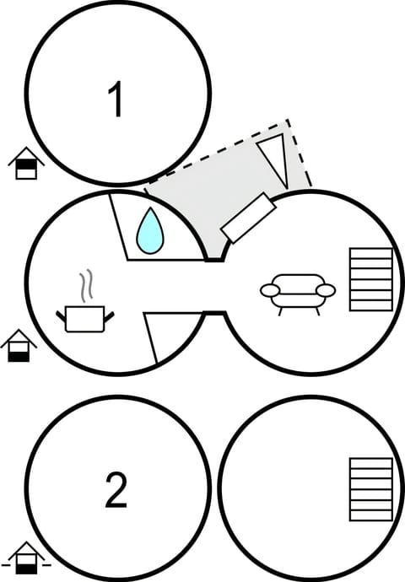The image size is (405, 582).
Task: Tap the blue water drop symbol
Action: tap(151, 230)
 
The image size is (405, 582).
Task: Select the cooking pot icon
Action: tap(84, 319)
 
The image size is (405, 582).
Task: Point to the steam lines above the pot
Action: tap(85, 287)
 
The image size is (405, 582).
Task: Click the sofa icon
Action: tap(298, 291)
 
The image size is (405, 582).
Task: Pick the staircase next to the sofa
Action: tap(371, 279)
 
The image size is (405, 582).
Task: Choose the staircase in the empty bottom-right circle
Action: tap(371, 489)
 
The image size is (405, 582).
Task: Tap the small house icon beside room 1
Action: tap(27, 164)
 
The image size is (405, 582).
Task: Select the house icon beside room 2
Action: tap(26, 558)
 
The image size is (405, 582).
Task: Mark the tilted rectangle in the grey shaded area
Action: tap(247, 218)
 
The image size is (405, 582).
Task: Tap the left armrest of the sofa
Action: tap(270, 290)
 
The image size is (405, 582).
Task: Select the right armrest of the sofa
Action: tap(326, 290)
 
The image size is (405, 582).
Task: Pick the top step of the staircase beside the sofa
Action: tap(371, 252)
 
